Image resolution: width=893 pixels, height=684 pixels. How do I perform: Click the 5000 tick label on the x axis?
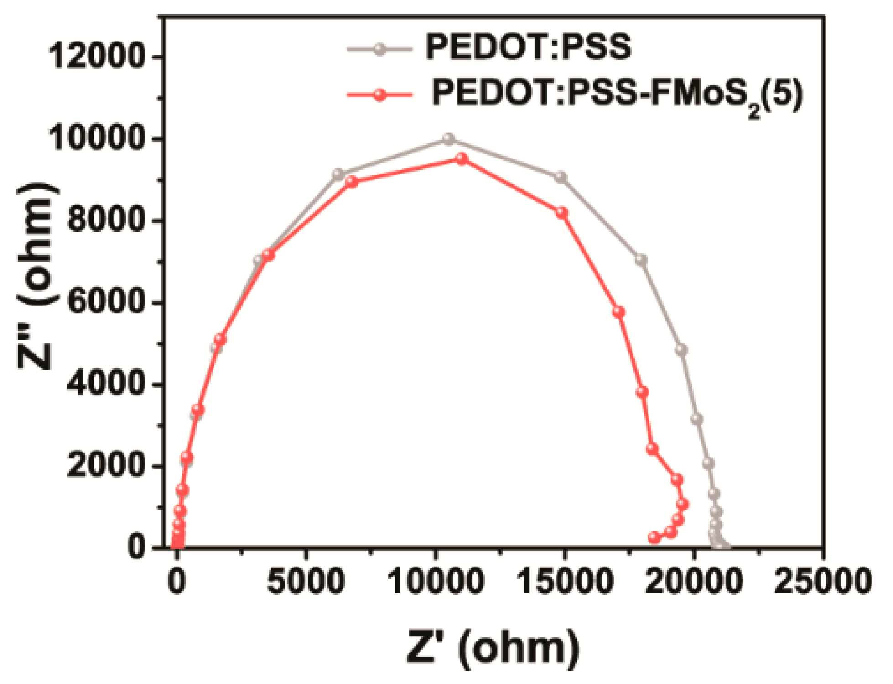tap(306, 581)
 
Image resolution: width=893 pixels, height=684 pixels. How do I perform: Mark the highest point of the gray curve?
tap(449, 139)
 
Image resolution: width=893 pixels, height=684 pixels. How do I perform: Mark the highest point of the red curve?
tap(462, 158)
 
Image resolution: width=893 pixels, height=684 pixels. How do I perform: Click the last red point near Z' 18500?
tap(654, 537)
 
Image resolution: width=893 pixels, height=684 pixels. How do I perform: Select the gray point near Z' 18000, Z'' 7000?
tap(641, 260)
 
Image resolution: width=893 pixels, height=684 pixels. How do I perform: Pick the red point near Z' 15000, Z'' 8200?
tap(562, 213)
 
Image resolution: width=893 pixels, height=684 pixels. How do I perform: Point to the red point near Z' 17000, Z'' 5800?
tap(618, 312)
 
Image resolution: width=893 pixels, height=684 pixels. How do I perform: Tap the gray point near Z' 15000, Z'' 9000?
tap(561, 177)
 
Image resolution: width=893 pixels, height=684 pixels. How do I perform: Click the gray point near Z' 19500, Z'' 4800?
tap(681, 350)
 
